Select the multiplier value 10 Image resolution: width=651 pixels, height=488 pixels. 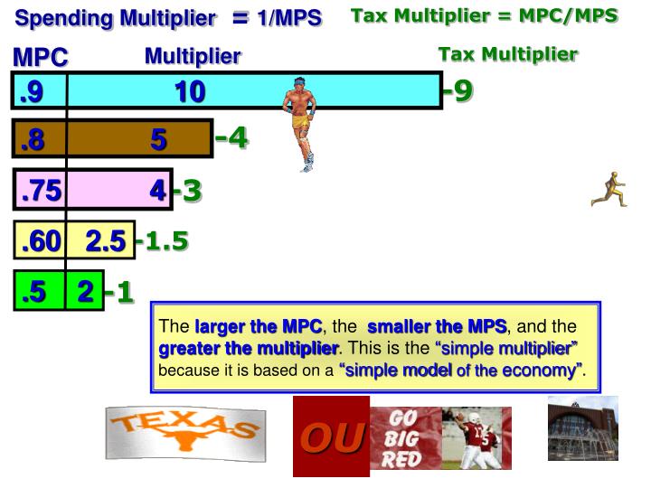pyautogui.click(x=190, y=90)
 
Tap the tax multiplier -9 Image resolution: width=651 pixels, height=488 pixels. pyautogui.click(x=458, y=90)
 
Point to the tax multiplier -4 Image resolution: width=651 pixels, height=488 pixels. pyautogui.click(x=231, y=138)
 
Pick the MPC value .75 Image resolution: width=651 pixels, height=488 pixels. pyautogui.click(x=40, y=191)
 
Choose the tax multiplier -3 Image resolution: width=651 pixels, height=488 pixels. pyautogui.click(x=187, y=191)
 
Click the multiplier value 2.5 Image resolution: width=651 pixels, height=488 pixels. pyautogui.click(x=106, y=241)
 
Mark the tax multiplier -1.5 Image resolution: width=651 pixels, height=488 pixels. pyautogui.click(x=162, y=240)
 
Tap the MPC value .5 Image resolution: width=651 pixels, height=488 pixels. pyautogui.click(x=33, y=292)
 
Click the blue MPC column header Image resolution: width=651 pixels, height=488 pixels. pyautogui.click(x=41, y=58)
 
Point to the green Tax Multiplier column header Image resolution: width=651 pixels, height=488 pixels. pyautogui.click(x=507, y=54)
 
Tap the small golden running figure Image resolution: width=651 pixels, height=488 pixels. pyautogui.click(x=609, y=189)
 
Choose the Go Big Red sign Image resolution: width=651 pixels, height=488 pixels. pyautogui.click(x=405, y=438)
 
